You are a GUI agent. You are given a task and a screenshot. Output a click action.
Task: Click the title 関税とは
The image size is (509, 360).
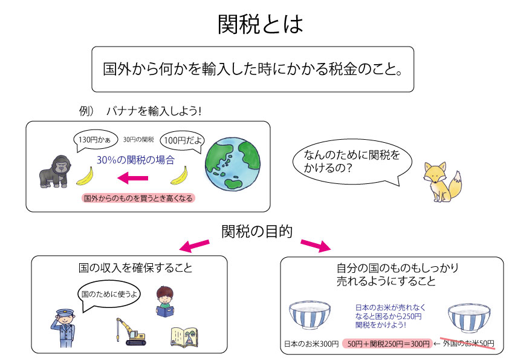[x=261, y=24]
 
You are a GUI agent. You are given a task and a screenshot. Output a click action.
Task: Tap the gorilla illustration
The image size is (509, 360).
[x=55, y=171]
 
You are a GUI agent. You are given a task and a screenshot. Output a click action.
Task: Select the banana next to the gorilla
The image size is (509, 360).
[x=85, y=176]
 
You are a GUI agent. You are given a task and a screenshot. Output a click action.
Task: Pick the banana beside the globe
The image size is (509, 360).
[x=179, y=175]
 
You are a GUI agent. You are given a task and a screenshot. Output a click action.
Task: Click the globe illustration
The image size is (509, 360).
[x=232, y=163]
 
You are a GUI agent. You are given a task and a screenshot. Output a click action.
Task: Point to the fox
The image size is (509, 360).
[x=442, y=182]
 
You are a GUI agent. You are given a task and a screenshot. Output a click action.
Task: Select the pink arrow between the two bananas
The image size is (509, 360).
[x=133, y=178]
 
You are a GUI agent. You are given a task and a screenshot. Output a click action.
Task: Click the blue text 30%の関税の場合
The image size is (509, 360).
[x=135, y=160]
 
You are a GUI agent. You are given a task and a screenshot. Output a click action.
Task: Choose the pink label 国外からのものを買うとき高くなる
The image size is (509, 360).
[x=138, y=198]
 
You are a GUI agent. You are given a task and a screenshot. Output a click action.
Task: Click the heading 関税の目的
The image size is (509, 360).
[x=257, y=232]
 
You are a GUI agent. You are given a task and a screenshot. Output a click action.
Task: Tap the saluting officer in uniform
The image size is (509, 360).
[x=63, y=329]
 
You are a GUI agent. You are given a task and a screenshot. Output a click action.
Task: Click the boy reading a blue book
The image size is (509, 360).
[x=165, y=301]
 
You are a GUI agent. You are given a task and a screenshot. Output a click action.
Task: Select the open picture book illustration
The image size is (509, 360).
[x=184, y=337]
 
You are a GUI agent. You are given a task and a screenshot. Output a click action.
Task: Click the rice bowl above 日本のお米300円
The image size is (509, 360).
[x=310, y=315]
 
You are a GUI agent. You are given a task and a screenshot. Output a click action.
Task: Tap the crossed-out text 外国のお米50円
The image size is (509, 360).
[x=468, y=344]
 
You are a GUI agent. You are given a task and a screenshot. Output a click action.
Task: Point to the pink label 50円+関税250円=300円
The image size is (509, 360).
[x=387, y=344]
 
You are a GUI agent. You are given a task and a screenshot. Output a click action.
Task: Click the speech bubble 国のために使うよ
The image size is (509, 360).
[x=109, y=295]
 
